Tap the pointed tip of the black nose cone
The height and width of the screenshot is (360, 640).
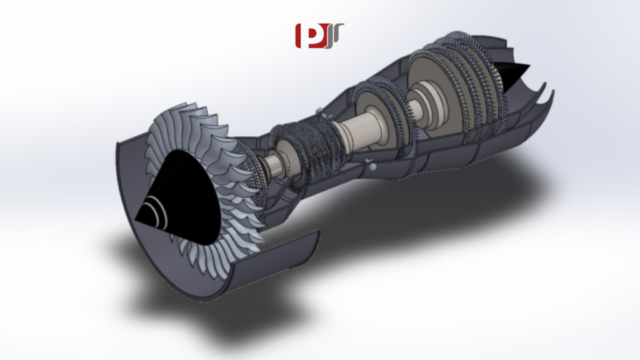tap(136, 218)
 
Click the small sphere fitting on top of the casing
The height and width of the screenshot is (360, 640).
tap(320, 112)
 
